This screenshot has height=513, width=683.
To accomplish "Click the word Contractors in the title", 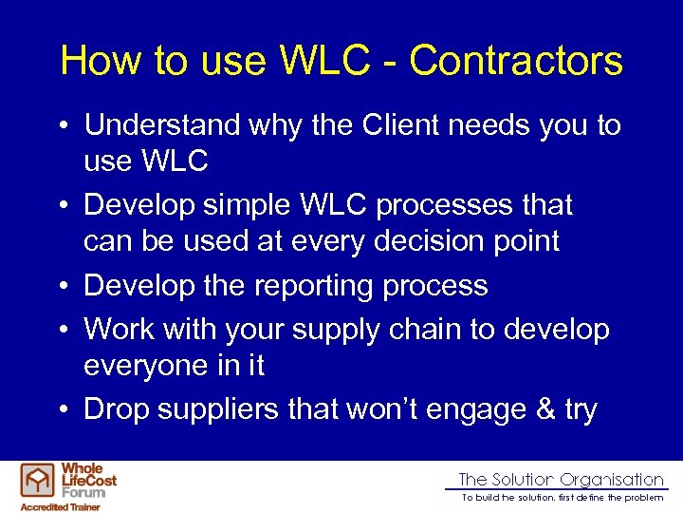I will click(x=516, y=61).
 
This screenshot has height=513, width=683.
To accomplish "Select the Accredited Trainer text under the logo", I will click(x=59, y=506).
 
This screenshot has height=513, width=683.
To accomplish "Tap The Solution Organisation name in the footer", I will click(x=561, y=480).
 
